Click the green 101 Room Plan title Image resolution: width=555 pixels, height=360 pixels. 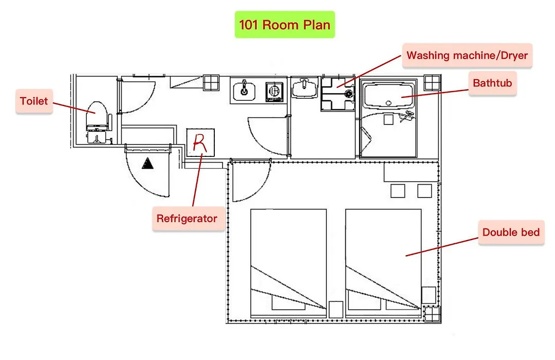tap(285, 25)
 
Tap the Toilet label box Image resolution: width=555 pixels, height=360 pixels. tap(34, 101)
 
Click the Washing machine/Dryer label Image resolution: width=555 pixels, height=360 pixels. tap(467, 56)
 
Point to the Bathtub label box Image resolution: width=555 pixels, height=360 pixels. tap(492, 83)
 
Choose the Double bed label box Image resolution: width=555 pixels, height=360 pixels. tap(511, 232)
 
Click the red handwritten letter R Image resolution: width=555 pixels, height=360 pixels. tap(199, 143)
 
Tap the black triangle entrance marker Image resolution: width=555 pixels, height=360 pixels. tap(147, 164)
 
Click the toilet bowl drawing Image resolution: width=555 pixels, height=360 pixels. tap(97, 113)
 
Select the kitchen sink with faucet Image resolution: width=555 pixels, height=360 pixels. tap(244, 91)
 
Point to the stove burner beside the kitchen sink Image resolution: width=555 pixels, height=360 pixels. tap(274, 92)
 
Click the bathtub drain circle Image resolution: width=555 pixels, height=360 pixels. tap(388, 103)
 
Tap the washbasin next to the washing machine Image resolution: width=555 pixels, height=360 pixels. tap(304, 88)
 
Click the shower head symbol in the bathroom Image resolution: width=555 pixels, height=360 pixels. tap(407, 116)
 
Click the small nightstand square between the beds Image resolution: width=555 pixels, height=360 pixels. tap(336, 309)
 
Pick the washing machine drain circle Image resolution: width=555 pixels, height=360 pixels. tap(349, 94)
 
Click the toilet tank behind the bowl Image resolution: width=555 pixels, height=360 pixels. tap(97, 135)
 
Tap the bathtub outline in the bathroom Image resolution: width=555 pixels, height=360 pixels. tap(388, 95)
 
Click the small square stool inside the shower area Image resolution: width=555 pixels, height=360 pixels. tap(388, 119)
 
